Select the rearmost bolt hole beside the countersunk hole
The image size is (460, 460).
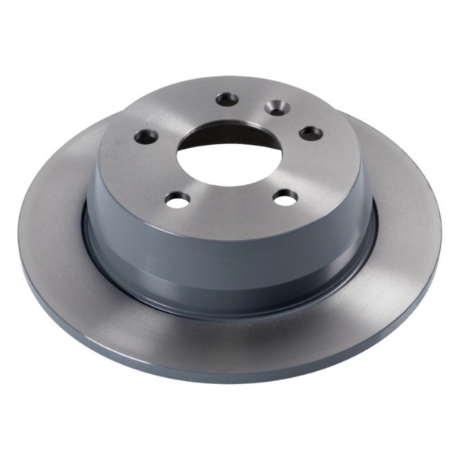pos(228,98)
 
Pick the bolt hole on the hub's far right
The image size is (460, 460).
pos(311,133)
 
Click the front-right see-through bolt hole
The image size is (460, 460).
pos(285,197)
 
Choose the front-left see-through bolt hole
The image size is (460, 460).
pos(177,199)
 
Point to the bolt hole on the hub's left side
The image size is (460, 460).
pos(146,136)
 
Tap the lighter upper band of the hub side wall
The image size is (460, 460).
pos(230,238)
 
